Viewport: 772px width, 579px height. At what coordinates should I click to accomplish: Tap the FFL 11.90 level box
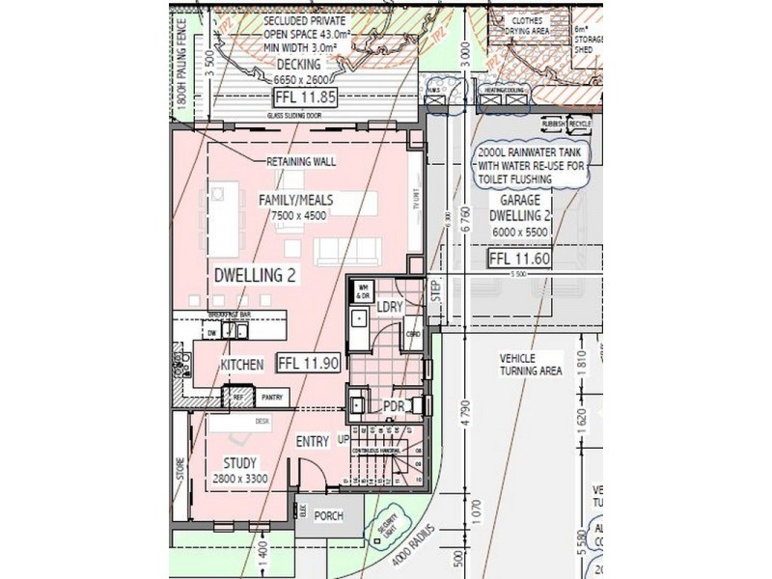pos(308,364)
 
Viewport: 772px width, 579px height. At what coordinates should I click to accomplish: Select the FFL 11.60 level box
pos(520,259)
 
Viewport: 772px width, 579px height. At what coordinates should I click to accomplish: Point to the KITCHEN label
pos(242,366)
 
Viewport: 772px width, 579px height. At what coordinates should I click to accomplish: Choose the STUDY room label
pos(240,463)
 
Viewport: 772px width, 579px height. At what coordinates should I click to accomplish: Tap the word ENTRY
pos(313,441)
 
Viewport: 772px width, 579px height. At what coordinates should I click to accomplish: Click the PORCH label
pos(328,516)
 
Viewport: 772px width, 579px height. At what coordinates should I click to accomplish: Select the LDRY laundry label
pos(388,306)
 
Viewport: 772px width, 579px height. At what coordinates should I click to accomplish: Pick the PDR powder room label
pos(393,406)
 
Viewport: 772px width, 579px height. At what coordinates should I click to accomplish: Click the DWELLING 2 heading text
pos(255,275)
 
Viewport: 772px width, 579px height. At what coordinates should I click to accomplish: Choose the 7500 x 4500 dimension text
pos(299,215)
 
